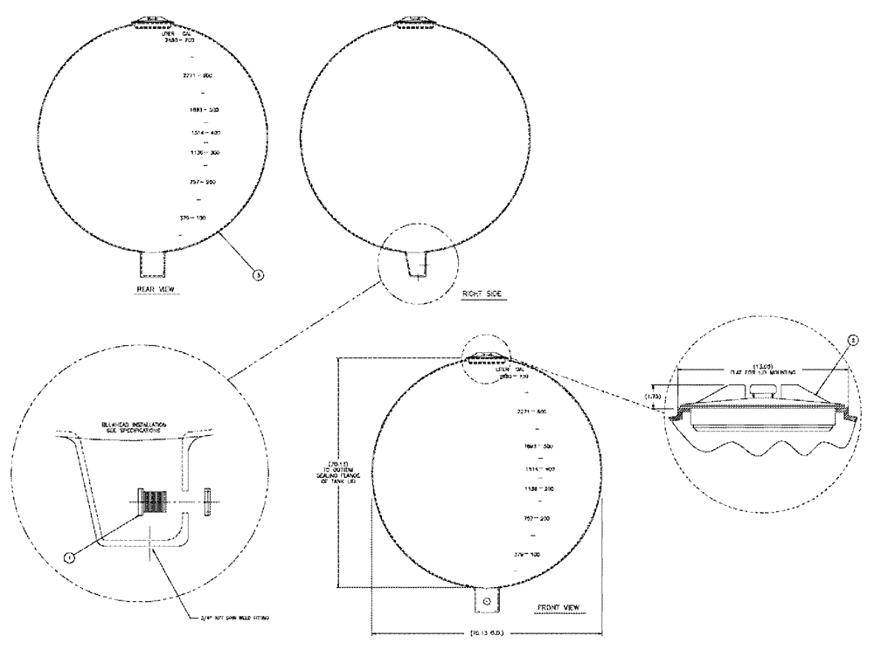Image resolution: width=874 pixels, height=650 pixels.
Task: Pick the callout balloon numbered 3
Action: tap(256, 274)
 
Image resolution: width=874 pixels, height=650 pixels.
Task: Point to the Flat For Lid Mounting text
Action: tap(764, 371)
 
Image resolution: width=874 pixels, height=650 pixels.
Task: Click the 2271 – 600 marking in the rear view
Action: tap(191, 76)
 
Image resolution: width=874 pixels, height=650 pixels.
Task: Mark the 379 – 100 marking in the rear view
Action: tap(191, 214)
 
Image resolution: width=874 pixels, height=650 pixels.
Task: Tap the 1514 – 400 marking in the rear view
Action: tap(191, 132)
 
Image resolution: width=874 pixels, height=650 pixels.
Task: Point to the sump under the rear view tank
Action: tap(157, 262)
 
